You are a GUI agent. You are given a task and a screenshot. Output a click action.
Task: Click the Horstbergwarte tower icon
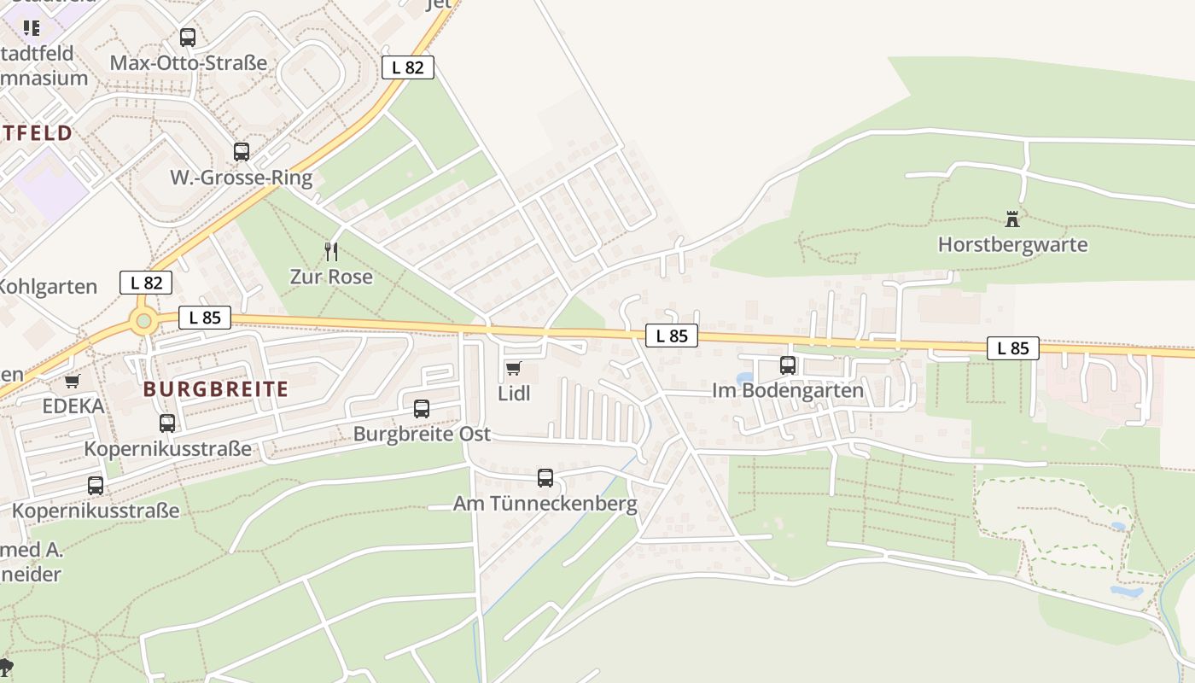(1012, 219)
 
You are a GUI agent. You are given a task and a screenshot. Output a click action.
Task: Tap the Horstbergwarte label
(1012, 245)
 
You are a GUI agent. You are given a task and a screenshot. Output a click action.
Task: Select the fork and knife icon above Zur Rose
(331, 251)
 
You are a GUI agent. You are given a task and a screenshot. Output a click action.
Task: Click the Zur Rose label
(331, 277)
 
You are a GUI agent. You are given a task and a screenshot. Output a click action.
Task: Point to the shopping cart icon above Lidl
(513, 368)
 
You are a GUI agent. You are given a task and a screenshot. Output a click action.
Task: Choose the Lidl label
(514, 394)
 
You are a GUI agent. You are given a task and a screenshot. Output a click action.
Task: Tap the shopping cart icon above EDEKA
(73, 381)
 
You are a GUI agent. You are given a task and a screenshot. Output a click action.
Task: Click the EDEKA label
(73, 406)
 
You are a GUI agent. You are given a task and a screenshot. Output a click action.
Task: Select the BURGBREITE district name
(216, 389)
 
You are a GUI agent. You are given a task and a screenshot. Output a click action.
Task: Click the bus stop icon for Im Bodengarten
(787, 365)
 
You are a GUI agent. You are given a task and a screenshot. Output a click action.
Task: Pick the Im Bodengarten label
(788, 391)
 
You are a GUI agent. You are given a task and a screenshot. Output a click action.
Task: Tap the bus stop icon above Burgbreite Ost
(422, 409)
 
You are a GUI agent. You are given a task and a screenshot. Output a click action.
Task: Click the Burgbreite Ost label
(422, 435)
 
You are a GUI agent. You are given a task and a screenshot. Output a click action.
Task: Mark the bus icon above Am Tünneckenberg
(545, 478)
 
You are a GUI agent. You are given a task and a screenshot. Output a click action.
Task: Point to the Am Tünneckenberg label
(545, 504)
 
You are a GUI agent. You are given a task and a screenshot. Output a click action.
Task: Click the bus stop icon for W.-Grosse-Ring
(242, 152)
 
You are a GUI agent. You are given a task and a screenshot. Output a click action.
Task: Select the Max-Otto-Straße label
(189, 63)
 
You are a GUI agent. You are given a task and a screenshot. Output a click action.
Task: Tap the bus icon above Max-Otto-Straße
(188, 38)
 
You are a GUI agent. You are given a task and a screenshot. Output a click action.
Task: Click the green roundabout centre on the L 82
(143, 322)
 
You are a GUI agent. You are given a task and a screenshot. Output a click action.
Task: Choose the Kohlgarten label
(49, 286)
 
